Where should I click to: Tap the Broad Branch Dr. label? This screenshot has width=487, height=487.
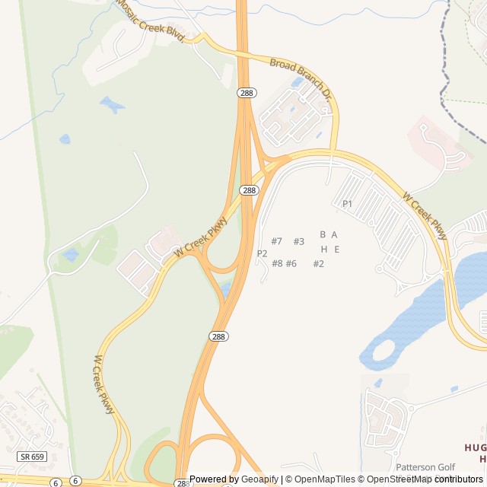coord(301,78)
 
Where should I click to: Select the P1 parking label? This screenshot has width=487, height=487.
coord(347,203)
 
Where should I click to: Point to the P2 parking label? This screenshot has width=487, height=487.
coord(262,253)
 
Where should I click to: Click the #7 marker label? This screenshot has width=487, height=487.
coord(276,241)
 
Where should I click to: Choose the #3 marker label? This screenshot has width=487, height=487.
coord(298,241)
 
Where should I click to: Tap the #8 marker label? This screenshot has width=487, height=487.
coord(277,263)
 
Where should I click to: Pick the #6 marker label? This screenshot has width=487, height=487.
coord(291,263)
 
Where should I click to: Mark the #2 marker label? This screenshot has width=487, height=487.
coord(318,263)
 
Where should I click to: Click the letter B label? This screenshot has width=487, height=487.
coord(323,234)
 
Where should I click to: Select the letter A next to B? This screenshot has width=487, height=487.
coord(334,234)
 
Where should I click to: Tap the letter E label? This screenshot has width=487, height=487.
coord(336,249)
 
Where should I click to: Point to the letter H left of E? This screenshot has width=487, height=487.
coord(323,249)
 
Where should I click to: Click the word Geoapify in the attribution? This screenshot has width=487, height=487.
coord(258,479)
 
